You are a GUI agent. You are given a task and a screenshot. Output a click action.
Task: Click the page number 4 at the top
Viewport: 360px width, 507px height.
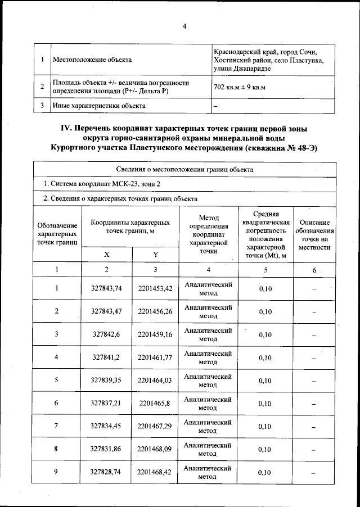click(184, 26)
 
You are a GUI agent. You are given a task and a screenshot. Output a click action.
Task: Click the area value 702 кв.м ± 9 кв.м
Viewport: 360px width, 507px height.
click(240, 87)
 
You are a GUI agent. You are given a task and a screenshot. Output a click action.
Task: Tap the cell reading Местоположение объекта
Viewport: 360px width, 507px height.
click(92, 59)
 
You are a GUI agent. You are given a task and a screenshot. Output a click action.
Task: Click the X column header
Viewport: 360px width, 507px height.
click(106, 254)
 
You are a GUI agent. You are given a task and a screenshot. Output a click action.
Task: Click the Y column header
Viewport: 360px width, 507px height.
click(155, 254)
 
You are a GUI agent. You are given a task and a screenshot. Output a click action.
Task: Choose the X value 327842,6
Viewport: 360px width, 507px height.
click(106, 334)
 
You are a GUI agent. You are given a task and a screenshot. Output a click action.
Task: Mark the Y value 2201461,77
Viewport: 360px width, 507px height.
click(155, 357)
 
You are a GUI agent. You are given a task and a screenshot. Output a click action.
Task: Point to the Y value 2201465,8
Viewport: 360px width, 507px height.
click(155, 403)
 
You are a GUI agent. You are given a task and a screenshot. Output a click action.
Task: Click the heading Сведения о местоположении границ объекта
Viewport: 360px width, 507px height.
click(184, 169)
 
